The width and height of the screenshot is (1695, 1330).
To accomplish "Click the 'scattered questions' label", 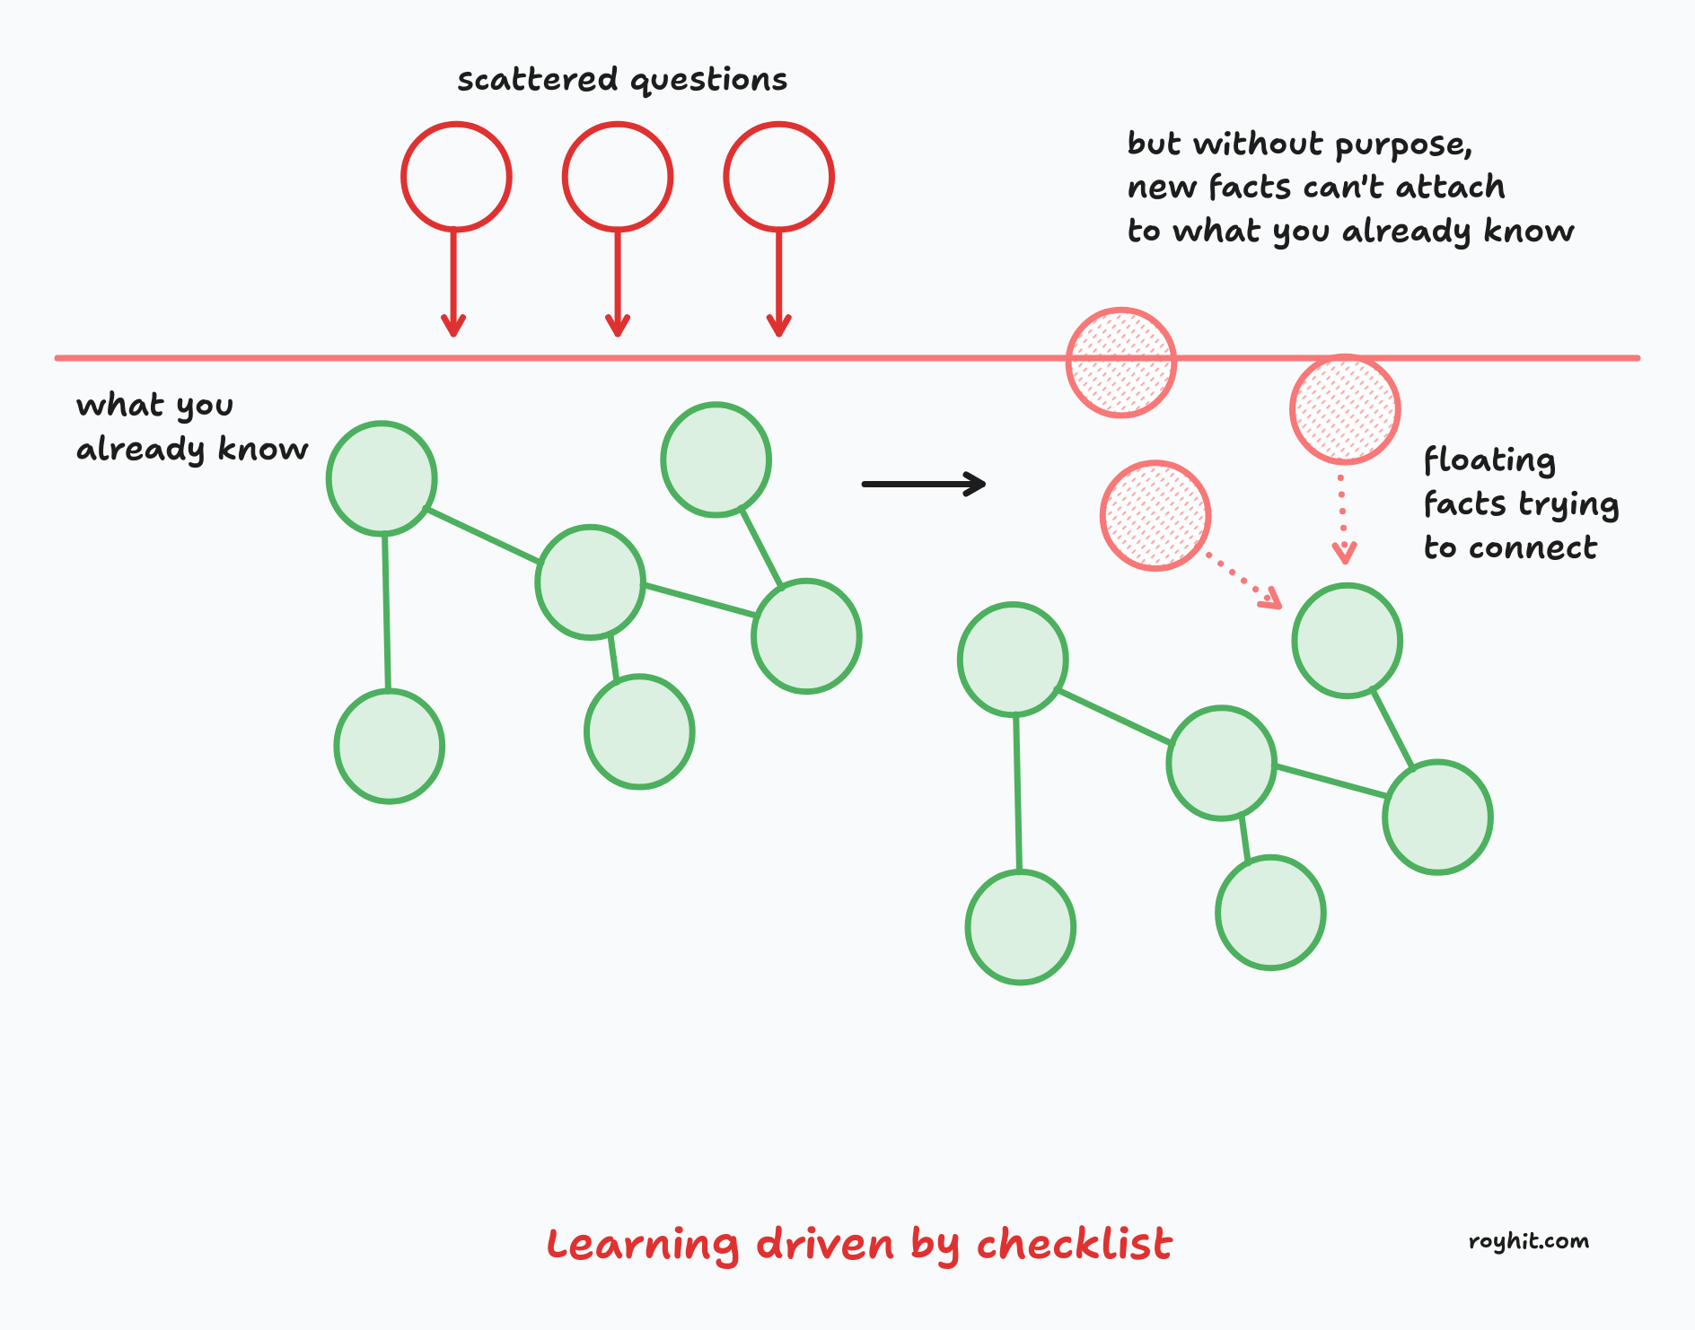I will click(621, 81).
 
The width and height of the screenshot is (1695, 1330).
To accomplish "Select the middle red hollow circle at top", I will click(618, 177).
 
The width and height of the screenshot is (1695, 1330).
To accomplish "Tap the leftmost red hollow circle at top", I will click(456, 177).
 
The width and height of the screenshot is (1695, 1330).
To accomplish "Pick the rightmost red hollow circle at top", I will click(778, 177).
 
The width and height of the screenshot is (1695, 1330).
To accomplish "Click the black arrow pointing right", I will click(923, 484).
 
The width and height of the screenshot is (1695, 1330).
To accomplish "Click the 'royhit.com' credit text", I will click(1528, 1241).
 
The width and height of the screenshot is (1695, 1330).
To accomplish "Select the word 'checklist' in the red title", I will click(1074, 1245).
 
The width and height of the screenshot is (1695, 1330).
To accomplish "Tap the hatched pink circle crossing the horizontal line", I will click(1121, 363).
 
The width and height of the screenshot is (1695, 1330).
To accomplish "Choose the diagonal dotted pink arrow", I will click(1243, 582).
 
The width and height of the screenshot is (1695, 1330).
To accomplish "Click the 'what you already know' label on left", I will click(190, 427).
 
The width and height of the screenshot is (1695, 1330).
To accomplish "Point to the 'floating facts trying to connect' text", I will click(1520, 503).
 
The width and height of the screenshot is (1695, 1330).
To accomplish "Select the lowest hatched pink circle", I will click(1155, 516).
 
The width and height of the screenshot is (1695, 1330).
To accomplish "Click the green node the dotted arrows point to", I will click(1347, 641).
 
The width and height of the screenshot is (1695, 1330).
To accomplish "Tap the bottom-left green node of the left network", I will click(389, 746).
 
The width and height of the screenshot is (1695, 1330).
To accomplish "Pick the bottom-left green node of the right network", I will click(1020, 927).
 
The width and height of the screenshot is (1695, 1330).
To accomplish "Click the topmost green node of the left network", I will click(716, 459).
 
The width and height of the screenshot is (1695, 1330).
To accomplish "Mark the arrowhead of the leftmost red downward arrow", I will click(454, 326).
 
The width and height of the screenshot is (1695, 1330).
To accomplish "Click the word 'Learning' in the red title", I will click(643, 1246).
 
